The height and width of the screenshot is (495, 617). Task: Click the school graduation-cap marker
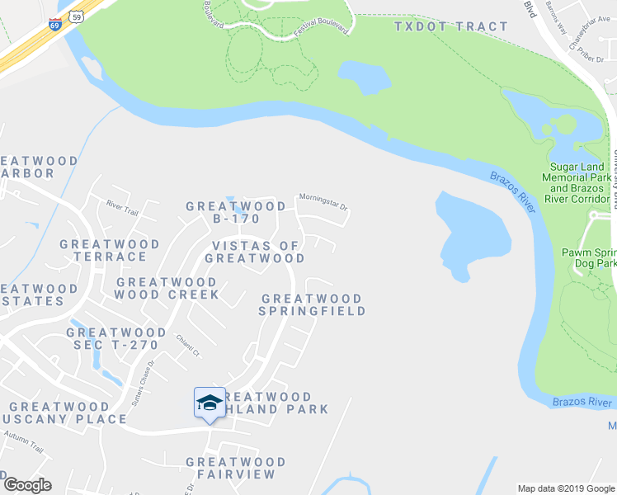(210, 403)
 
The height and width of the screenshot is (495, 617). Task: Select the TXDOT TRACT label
(451, 26)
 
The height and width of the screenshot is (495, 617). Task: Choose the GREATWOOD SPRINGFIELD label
(312, 304)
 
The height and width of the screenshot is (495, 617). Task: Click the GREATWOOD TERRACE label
(110, 250)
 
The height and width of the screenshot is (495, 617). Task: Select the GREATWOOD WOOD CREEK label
(168, 288)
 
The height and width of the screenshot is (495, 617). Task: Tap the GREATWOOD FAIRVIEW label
(235, 468)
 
